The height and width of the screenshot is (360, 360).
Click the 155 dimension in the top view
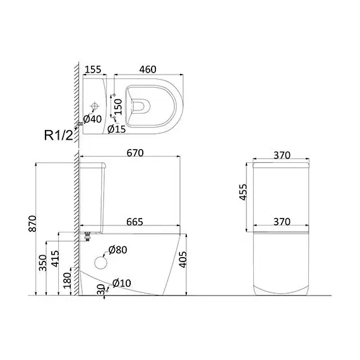click(93, 69)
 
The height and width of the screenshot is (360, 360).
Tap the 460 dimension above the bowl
click(148, 69)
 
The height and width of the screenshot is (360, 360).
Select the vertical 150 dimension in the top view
click(118, 107)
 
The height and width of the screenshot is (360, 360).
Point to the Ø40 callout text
click(92, 119)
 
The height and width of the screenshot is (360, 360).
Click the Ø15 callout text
click(117, 129)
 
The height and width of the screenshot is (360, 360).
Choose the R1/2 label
click(59, 135)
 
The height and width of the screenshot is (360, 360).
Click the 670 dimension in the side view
click(135, 153)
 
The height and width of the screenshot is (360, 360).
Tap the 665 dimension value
click(135, 222)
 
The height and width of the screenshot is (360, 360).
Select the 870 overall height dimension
click(32, 224)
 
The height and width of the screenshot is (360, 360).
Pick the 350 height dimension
click(43, 263)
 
